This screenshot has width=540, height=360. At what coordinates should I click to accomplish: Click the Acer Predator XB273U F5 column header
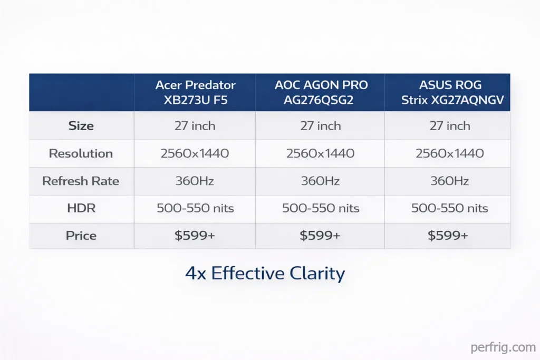coord(195,92)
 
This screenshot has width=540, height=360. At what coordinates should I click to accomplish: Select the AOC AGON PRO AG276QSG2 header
coord(320,92)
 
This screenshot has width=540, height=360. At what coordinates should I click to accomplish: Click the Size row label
coord(81,126)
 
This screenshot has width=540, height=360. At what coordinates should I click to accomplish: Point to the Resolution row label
coord(81,153)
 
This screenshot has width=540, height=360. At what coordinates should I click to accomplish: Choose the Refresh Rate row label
coord(81,181)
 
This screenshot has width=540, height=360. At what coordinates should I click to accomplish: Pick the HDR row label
coord(81,208)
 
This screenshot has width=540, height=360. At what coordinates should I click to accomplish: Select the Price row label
coord(81,236)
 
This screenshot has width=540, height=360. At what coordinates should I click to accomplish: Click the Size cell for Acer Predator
coord(195,126)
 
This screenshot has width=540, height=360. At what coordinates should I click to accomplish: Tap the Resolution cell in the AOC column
coord(320,153)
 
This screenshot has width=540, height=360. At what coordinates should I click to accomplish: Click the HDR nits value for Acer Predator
coord(195,208)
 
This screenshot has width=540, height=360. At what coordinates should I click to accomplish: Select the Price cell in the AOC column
coord(320,236)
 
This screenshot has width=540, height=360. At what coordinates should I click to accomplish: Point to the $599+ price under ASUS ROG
coord(447,236)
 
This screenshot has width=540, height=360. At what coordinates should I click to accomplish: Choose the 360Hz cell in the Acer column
coord(195,181)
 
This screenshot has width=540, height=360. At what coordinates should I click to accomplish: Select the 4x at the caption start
coord(195,274)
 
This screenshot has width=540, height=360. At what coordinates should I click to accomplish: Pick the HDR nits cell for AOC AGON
coord(320,208)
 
